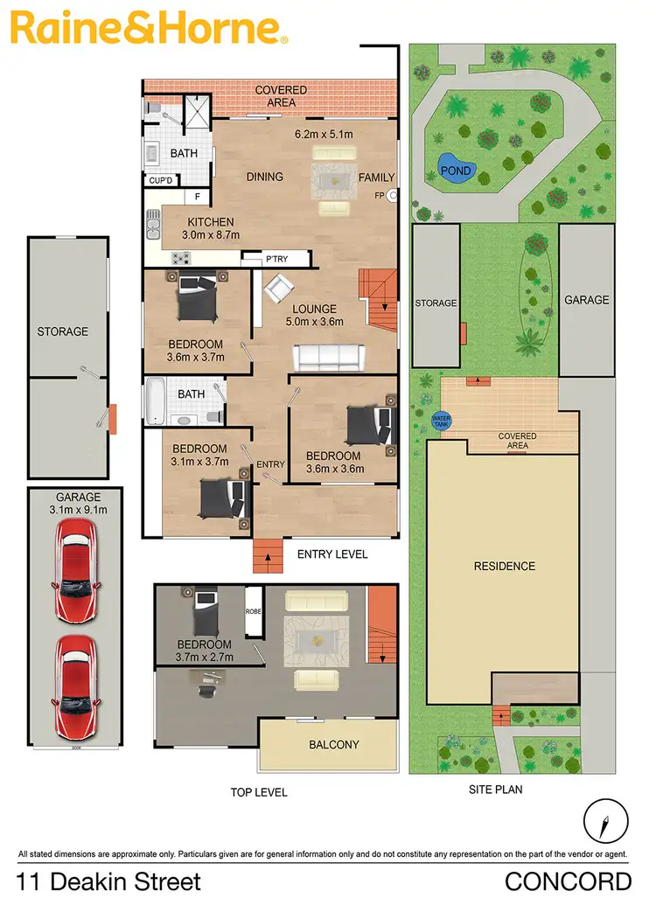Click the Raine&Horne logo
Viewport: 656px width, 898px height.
[149, 28]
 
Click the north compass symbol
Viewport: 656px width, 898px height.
[605, 822]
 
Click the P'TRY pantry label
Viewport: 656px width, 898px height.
[276, 259]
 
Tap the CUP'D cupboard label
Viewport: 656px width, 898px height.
[161, 181]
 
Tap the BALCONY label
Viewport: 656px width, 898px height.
[333, 745]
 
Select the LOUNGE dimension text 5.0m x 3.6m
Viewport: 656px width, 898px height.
[315, 322]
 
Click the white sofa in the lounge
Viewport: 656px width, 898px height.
[328, 357]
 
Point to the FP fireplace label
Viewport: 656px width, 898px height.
[380, 195]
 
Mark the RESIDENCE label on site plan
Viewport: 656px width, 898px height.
[504, 566]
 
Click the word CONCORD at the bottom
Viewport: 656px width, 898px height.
[568, 881]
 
